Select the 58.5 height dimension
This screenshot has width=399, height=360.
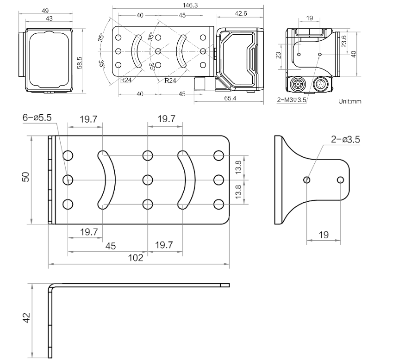click(80, 62)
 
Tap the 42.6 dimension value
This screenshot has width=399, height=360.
click(241, 14)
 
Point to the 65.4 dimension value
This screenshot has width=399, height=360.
click(230, 99)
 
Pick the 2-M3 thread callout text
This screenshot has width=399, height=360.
click(292, 99)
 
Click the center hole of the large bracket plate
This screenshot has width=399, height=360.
click(148, 179)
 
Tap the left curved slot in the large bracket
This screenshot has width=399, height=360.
click(108, 179)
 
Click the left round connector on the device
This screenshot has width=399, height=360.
click(298, 85)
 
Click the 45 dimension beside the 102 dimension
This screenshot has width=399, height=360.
click(110, 246)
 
